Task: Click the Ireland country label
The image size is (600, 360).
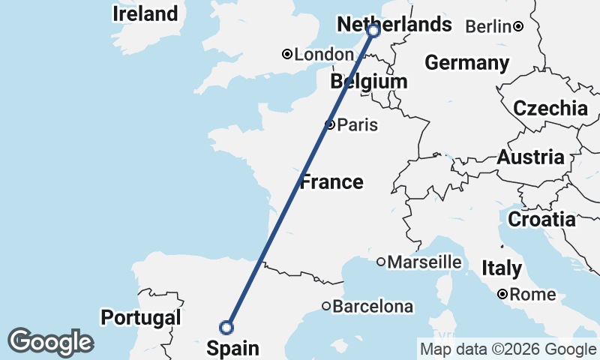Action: tap(145, 13)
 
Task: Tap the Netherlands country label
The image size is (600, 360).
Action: tap(394, 24)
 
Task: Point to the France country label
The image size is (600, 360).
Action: tap(331, 181)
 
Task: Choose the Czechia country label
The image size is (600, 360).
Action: tap(550, 108)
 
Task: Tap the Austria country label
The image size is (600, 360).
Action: tap(530, 157)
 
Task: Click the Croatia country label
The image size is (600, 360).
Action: tap(541, 220)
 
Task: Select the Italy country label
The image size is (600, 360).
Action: tap(502, 268)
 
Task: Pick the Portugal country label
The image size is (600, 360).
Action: tap(141, 317)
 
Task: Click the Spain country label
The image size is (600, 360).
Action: tap(232, 348)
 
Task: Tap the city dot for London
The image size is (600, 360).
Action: tap(286, 54)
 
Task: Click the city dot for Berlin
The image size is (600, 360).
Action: tap(518, 27)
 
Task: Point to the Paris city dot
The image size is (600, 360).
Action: tap(329, 124)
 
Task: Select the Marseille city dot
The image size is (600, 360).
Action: tap(381, 262)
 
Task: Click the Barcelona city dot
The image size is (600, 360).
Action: tap(326, 306)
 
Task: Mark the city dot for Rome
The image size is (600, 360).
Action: tap(502, 294)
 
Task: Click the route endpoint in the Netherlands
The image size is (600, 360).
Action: tap(373, 31)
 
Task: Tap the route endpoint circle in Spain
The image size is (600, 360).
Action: tap(226, 327)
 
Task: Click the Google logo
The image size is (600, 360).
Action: tap(50, 342)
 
